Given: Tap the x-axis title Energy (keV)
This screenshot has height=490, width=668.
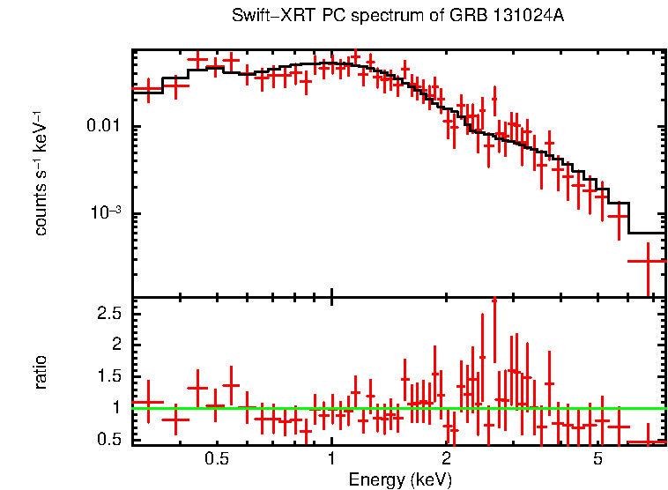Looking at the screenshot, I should click(400, 480).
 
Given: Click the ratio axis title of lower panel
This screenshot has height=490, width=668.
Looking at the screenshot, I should click(41, 373).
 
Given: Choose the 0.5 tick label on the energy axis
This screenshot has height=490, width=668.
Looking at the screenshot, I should click(217, 459).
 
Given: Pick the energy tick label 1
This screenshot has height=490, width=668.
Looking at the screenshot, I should click(331, 459).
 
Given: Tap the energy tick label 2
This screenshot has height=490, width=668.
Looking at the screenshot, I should click(446, 459).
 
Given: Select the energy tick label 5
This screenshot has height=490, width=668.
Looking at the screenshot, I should click(597, 459).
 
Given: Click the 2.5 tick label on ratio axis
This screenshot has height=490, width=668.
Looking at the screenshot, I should click(108, 313).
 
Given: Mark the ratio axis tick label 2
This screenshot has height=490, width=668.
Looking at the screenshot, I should click(115, 345).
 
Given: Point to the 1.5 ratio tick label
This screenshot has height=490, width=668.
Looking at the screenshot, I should click(108, 376).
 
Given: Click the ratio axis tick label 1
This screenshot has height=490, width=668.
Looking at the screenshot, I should click(115, 408).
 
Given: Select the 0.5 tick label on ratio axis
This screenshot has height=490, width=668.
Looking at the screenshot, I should click(108, 440).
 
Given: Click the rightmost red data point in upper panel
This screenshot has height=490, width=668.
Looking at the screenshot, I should click(648, 261).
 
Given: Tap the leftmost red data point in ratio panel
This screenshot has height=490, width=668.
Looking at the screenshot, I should click(148, 402).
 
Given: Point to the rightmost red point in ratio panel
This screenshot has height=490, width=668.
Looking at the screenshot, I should click(648, 442).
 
